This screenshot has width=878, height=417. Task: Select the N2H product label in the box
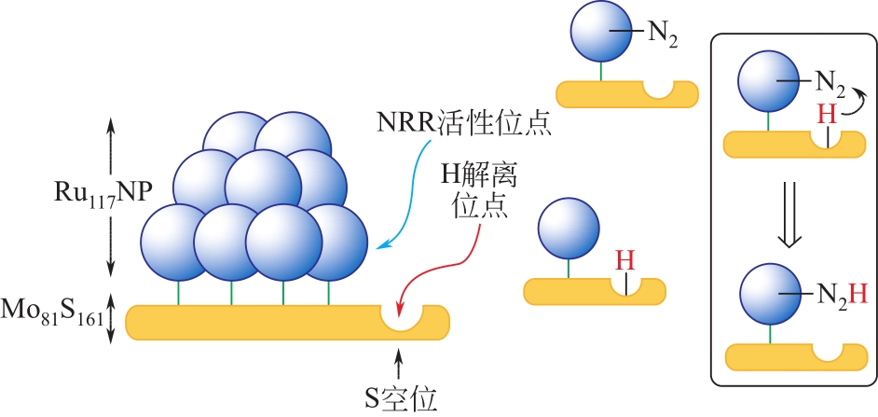coord(842,296)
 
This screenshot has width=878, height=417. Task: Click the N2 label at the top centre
coord(661,37)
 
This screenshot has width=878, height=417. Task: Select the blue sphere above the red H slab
coord(569,229)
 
